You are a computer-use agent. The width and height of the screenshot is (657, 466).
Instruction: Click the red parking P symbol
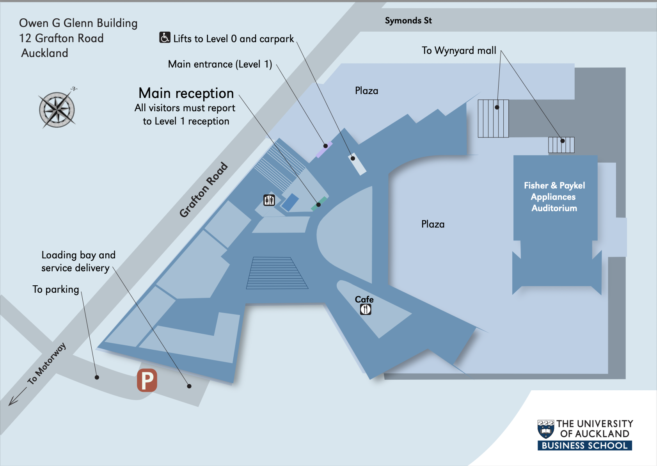point(147,380)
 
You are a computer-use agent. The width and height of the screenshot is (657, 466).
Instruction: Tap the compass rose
point(57,110)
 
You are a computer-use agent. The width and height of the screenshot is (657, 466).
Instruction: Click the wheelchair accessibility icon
point(165,37)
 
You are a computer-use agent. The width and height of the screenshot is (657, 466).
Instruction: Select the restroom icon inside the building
point(269,200)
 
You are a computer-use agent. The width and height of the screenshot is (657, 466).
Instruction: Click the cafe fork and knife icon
point(366,309)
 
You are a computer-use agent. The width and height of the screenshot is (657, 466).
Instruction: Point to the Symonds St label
point(408,21)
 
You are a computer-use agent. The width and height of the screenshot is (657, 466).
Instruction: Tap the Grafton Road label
point(203,190)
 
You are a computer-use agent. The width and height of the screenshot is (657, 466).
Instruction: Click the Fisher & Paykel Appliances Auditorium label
point(554,197)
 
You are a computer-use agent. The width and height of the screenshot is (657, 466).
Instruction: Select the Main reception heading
point(186,93)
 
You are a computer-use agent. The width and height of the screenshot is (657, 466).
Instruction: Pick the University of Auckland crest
point(545,429)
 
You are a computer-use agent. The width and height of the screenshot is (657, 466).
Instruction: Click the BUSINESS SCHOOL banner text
point(584,446)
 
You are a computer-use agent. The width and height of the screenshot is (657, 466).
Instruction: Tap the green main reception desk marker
point(318,204)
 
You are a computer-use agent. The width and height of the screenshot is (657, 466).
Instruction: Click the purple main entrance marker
point(324,149)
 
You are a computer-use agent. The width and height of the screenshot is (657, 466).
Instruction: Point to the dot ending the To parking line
point(97,377)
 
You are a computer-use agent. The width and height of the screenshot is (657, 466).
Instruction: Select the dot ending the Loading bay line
point(189,386)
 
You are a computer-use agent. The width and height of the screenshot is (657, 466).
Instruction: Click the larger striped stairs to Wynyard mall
point(493,118)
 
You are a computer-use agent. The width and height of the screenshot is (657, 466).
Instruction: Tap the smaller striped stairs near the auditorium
point(561,145)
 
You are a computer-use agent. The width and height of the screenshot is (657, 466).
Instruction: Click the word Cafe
point(364,299)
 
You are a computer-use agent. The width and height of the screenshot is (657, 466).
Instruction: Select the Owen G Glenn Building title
point(78,23)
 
